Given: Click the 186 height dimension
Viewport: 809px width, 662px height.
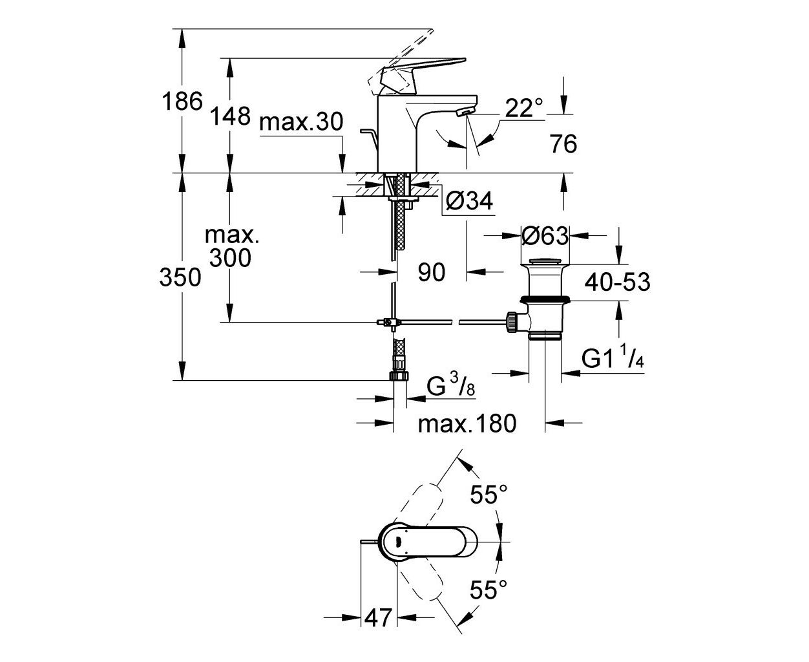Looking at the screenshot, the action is coord(182,101).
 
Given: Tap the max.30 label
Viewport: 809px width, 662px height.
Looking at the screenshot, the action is coord(301,122).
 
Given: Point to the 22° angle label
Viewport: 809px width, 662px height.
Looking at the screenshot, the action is coord(524,108).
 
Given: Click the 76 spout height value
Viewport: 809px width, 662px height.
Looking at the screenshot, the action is coord(563,144).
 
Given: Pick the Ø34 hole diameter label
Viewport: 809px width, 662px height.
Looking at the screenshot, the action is coord(470,200).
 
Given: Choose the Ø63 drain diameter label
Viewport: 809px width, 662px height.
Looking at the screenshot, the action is coord(545,235).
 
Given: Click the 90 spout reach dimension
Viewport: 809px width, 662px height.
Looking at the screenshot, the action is coord(432,272).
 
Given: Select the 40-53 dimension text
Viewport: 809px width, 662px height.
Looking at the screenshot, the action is coord(617,282).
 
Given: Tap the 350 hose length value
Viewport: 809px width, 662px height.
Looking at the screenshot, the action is coord(180,277).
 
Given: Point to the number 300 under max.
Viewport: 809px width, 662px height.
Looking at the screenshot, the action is coord(230,257).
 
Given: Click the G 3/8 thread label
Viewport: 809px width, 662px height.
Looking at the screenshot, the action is coord(451,385).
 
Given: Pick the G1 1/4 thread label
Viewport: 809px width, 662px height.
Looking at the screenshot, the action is coord(612,356).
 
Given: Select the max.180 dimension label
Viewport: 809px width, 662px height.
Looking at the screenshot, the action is coord(467,423).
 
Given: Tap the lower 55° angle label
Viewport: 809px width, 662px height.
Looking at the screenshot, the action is coord(489,590).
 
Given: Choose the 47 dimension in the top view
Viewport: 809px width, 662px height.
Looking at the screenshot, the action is coord(378,628).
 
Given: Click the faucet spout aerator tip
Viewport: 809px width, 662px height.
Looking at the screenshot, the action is coord(465,112).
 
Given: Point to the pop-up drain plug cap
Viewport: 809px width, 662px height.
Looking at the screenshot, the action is coord(545,261).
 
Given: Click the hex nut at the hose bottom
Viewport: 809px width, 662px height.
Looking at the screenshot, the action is coord(399,375).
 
